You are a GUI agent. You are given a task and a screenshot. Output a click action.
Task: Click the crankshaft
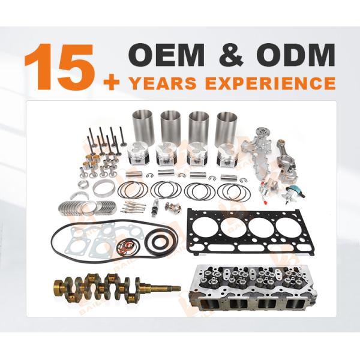pyautogui.click(x=108, y=287)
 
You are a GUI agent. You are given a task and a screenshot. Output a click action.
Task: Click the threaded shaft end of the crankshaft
pyautogui.click(x=167, y=289)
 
